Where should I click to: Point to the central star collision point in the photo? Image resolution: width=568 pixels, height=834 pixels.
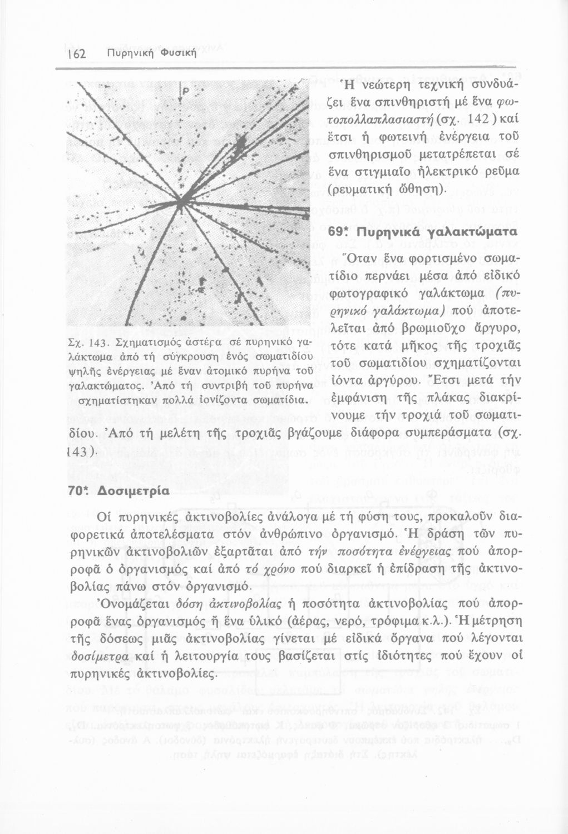pos(181,201)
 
